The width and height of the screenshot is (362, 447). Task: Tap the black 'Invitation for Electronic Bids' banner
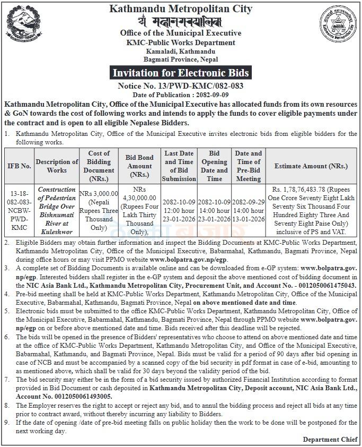coord(181,73)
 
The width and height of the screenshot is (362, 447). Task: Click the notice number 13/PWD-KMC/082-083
coord(181,85)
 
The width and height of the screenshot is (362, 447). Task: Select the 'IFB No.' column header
coord(19,166)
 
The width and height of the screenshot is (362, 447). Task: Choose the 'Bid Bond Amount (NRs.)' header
coord(139,166)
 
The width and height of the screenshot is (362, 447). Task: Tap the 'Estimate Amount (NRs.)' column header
coord(311,166)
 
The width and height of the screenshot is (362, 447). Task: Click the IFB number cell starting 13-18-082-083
coord(19,210)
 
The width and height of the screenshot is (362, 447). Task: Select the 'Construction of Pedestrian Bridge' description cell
coord(57,210)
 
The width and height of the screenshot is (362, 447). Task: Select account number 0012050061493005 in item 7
coord(81,396)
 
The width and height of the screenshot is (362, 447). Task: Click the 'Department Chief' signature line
coord(330,440)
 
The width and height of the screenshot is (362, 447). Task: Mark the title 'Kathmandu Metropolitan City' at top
coord(181,9)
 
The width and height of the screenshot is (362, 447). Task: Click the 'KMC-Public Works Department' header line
coord(181,42)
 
